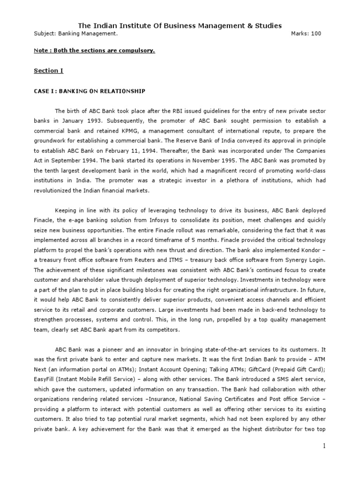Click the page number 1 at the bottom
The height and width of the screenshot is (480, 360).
click(323, 446)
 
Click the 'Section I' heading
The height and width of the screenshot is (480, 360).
click(48, 71)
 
